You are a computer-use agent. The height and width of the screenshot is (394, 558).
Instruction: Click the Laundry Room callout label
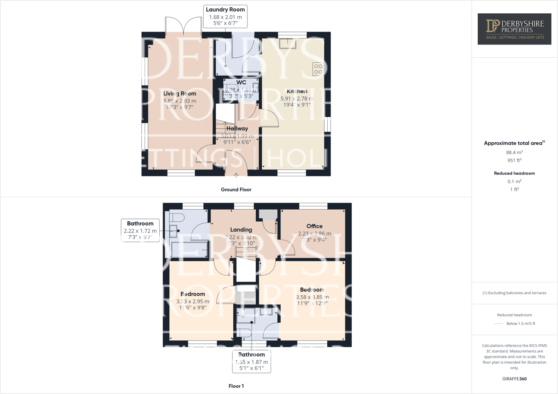click(225, 17)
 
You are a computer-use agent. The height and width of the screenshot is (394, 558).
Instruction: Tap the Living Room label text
click(180, 94)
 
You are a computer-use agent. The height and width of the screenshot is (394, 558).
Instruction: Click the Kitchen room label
click(297, 91)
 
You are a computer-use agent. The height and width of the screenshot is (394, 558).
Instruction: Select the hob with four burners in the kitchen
click(318, 69)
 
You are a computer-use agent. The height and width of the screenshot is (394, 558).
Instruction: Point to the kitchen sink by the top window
click(288, 44)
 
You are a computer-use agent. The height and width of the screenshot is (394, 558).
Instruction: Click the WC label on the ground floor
click(241, 83)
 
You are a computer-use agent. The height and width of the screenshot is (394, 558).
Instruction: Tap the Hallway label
click(237, 129)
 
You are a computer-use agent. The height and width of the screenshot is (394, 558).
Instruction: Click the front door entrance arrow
click(236, 176)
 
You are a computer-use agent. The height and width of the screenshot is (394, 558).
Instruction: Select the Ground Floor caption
click(236, 190)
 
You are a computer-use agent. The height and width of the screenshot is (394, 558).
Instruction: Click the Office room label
click(314, 226)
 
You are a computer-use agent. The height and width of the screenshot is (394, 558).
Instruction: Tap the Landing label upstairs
click(241, 230)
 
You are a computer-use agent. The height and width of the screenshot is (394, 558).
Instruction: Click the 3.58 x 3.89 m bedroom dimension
click(312, 297)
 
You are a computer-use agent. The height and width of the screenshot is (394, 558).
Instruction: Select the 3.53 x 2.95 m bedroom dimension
click(193, 301)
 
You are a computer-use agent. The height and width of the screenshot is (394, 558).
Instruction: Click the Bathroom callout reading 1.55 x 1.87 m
click(251, 361)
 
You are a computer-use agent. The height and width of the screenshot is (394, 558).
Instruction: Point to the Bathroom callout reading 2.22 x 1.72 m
click(140, 230)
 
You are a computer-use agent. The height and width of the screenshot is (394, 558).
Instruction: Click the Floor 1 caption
click(236, 386)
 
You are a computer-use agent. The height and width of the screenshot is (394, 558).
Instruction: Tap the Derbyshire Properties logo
click(514, 29)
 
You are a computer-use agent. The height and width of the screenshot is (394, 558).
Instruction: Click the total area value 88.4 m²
click(514, 152)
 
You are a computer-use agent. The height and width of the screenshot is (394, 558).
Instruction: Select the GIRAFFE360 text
click(514, 379)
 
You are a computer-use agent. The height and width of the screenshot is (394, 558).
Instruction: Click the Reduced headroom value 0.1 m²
click(514, 181)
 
